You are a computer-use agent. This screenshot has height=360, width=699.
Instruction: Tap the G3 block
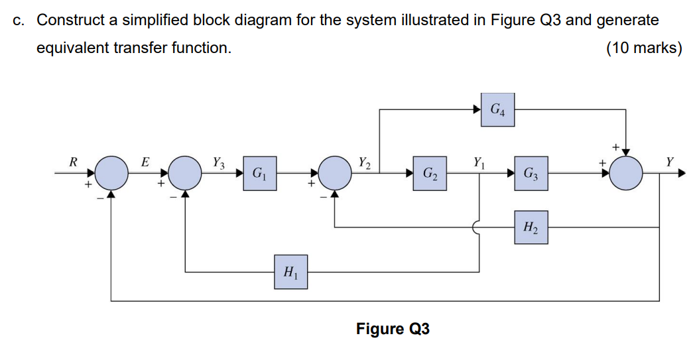point(531,174)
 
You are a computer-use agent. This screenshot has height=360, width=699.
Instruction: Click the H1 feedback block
point(290,271)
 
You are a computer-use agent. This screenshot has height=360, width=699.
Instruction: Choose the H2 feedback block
point(531,227)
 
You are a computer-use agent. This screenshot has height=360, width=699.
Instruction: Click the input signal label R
point(74,161)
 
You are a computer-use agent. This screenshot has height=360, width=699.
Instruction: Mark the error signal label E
point(146,161)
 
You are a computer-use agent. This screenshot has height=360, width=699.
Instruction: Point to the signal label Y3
point(218,161)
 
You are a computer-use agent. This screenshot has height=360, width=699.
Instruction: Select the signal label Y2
point(365,161)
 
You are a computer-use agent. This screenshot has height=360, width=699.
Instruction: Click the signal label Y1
point(479,161)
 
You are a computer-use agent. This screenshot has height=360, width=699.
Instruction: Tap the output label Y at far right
point(670,161)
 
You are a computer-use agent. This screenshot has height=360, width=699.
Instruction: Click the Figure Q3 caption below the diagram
point(393,329)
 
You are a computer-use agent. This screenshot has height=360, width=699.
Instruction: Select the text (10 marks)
point(643,48)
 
